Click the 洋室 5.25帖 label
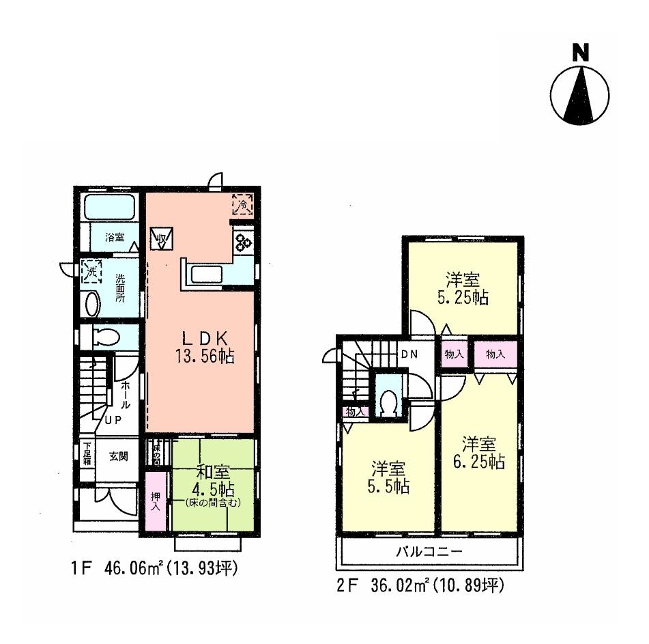coord(462,289)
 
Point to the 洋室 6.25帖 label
coord(480,452)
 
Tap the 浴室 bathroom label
coord(115,238)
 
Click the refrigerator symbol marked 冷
coord(242,204)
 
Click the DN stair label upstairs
coord(409,354)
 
